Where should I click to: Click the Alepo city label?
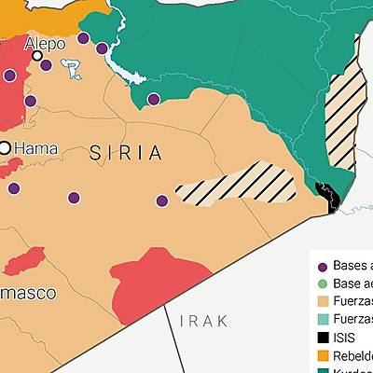[x=45, y=43]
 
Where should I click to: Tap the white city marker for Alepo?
[x=37, y=56]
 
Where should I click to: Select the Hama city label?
[x=36, y=147]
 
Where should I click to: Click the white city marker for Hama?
[x=5, y=147]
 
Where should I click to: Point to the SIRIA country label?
[x=127, y=153]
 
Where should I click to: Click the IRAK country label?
[x=203, y=321]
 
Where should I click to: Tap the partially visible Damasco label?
[x=27, y=293]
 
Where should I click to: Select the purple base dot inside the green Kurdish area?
[x=154, y=98]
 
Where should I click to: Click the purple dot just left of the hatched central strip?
[x=162, y=200]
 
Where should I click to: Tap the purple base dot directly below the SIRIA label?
[x=74, y=197]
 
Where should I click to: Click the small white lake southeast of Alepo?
[x=71, y=68]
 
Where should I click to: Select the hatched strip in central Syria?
[x=238, y=184]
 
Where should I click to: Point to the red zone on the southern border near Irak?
[x=159, y=279]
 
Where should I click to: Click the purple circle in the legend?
[x=324, y=265]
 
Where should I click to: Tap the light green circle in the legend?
[x=324, y=283]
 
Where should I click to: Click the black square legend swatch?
[x=324, y=338]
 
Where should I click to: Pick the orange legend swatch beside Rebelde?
[x=324, y=356]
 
